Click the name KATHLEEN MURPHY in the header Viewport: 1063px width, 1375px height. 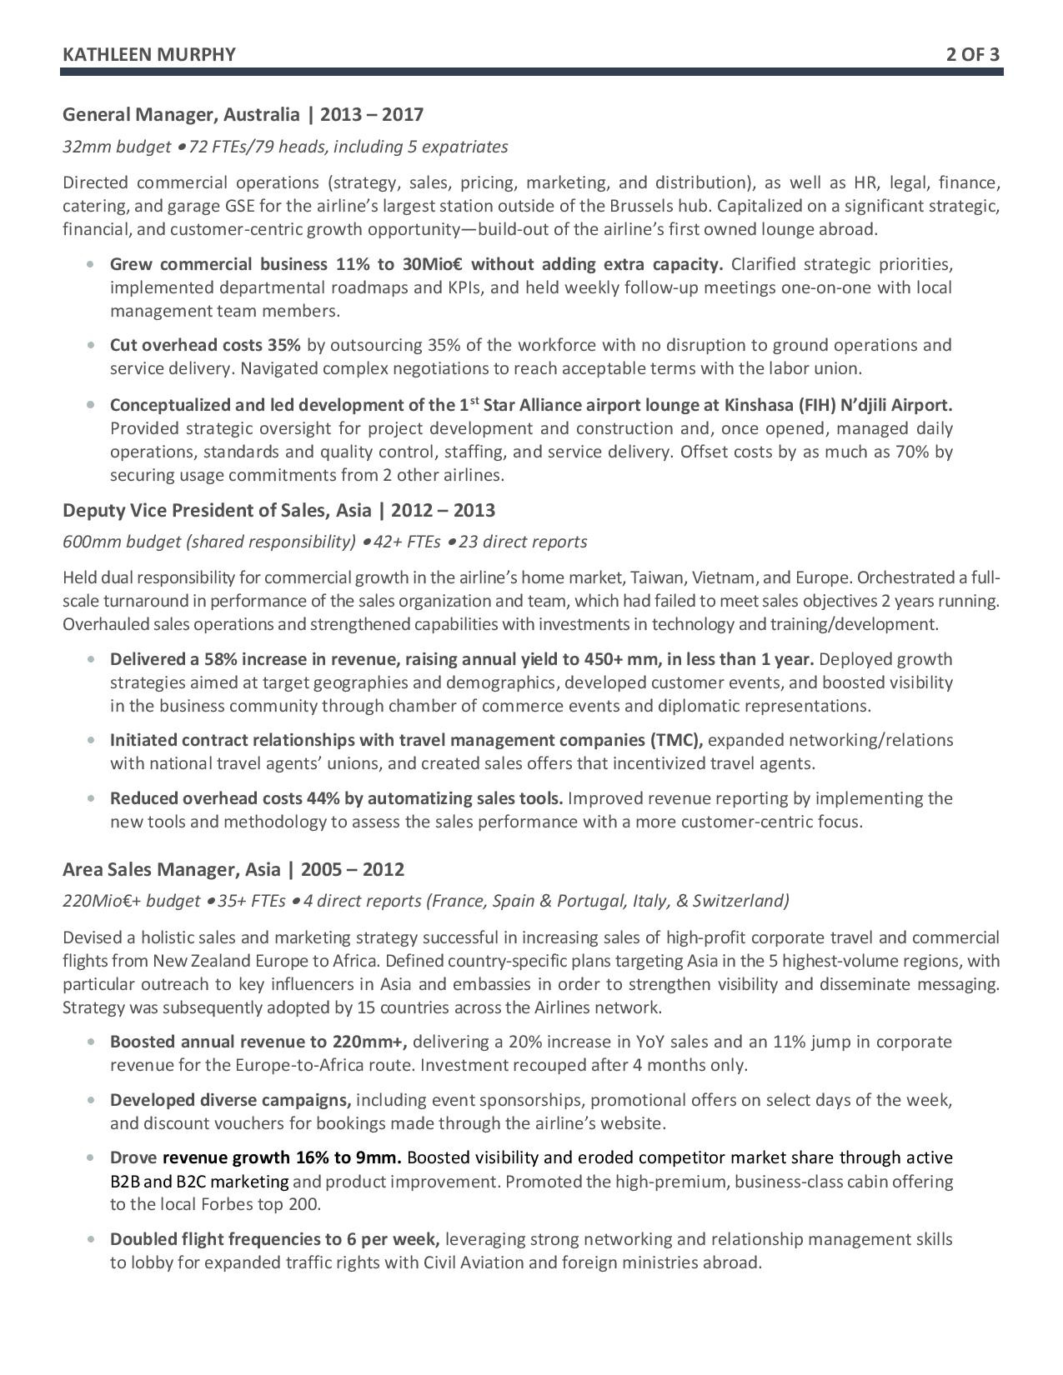point(148,55)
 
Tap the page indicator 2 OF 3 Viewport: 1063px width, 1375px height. point(972,55)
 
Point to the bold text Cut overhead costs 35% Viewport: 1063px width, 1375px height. point(205,345)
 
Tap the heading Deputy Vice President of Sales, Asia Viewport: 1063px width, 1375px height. point(217,510)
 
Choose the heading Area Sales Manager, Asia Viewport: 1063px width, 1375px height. point(172,869)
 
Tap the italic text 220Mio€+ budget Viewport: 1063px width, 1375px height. point(131,901)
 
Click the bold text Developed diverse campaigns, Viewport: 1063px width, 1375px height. point(230,1100)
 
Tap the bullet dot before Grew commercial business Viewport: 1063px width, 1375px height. point(89,265)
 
